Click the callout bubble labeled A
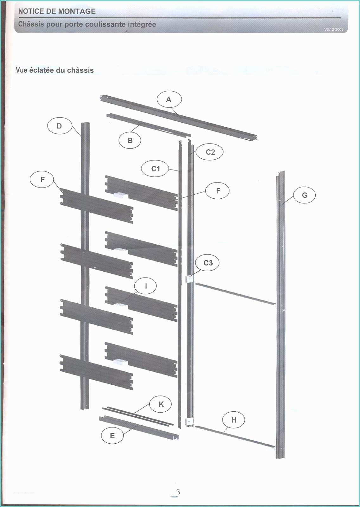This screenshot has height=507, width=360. coord(169,99)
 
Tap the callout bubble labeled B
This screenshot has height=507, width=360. coord(130,140)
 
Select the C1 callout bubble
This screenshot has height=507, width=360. coord(155,169)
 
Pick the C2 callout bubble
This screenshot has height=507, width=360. coord(210,152)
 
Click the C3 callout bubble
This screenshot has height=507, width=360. coord(208,263)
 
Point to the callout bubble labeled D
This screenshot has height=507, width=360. coord(60,126)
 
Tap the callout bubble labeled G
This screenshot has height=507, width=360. coord(304,195)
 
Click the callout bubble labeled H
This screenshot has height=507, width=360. coord(234,420)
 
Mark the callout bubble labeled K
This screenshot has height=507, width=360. coord(161,404)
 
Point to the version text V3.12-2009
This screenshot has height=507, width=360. coord(334,29)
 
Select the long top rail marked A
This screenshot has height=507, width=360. coord(178,118)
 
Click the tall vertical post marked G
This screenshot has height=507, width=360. coord(280,315)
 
